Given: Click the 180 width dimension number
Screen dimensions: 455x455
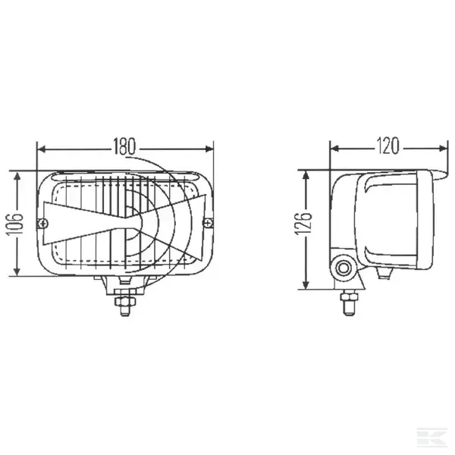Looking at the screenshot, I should click(124, 146).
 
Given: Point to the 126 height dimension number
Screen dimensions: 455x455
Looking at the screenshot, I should click(303, 229).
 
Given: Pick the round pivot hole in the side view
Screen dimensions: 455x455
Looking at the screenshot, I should click(346, 267).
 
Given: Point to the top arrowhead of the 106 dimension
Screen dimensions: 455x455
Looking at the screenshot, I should click(17, 174).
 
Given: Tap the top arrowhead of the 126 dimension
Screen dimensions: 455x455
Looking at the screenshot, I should click(305, 174).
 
